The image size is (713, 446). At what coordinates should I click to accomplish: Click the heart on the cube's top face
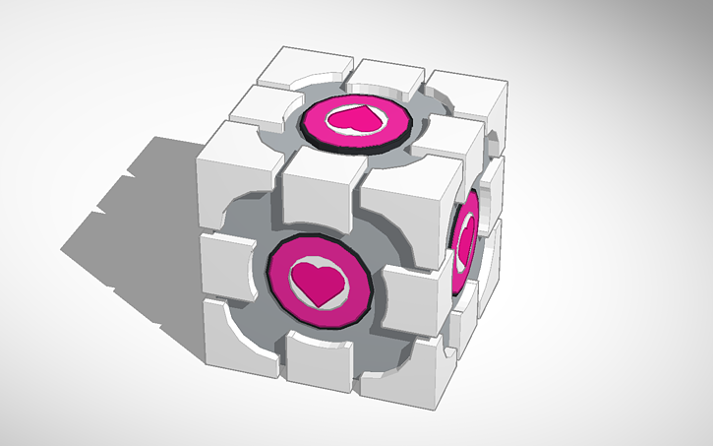tap(351, 119)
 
